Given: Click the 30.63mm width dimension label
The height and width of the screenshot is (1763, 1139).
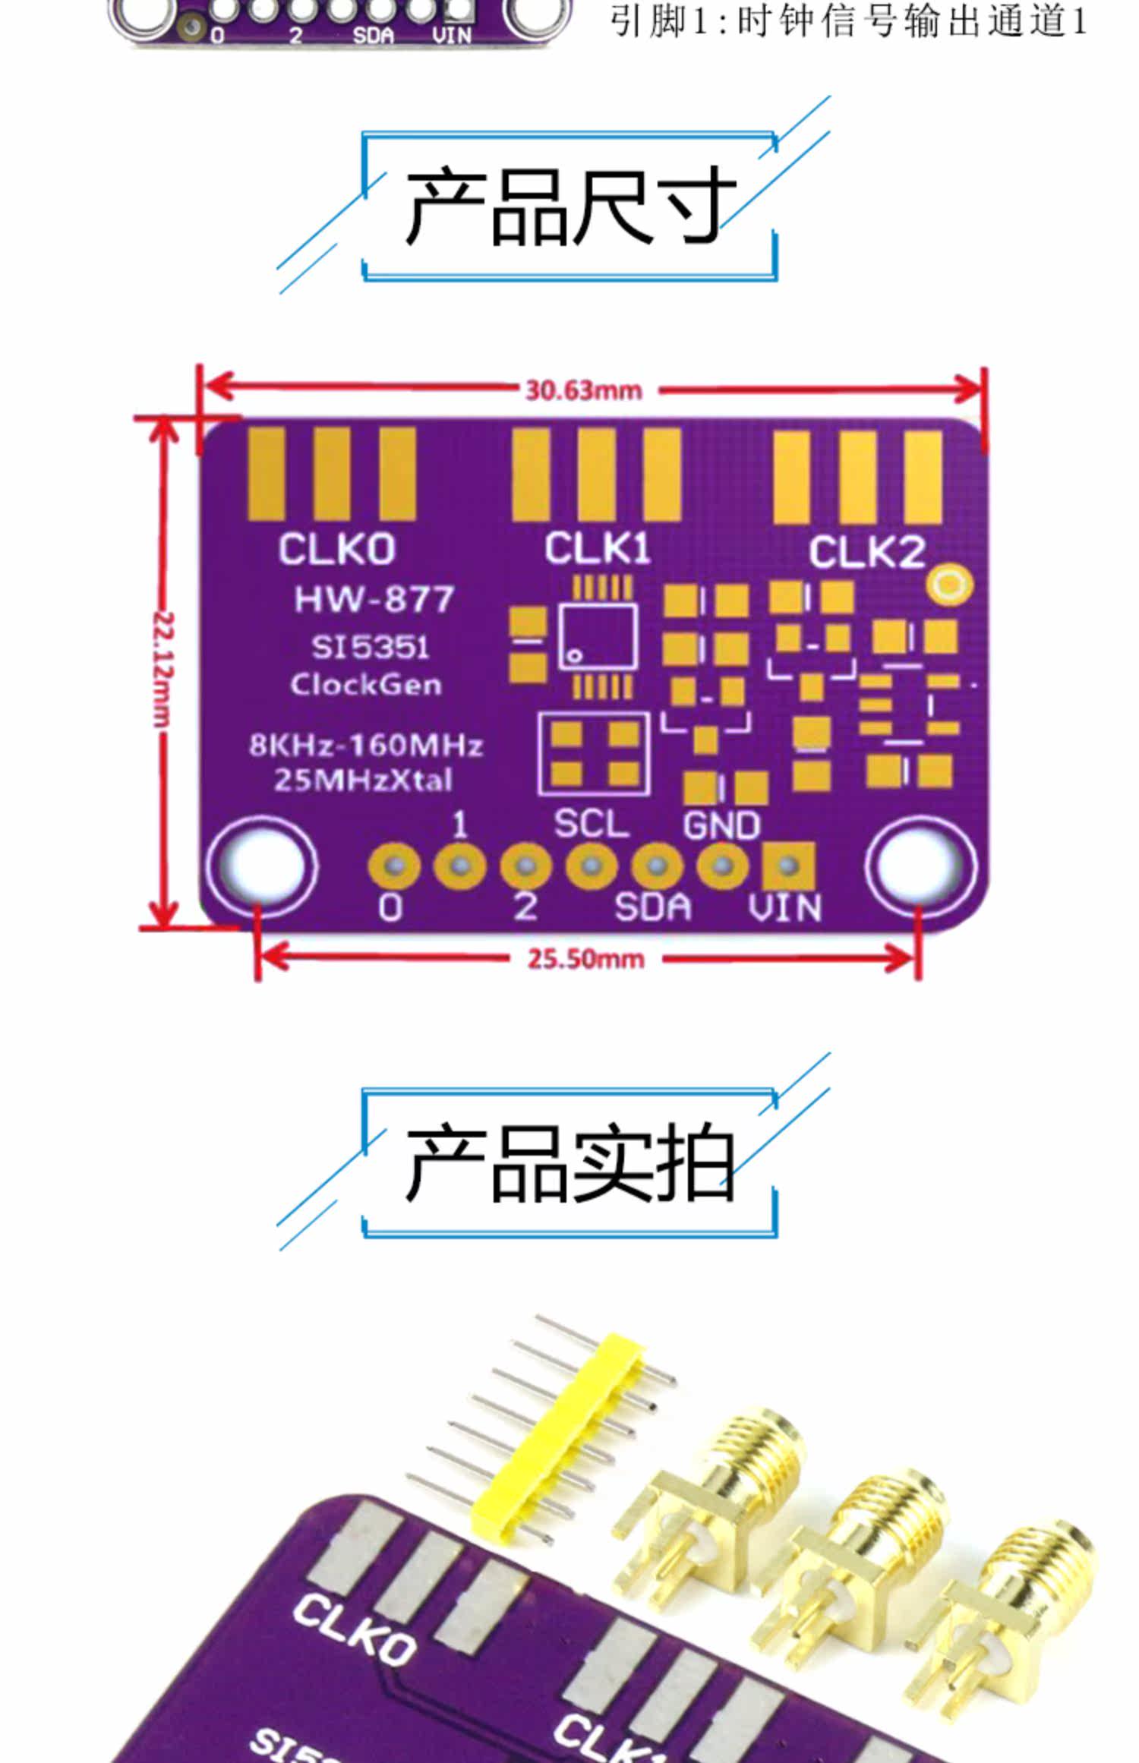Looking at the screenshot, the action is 584,390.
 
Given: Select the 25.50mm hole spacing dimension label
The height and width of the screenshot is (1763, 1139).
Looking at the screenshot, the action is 585,959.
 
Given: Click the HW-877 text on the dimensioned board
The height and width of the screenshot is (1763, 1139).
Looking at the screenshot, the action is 374,600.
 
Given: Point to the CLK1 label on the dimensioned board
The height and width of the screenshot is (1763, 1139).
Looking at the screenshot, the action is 598,548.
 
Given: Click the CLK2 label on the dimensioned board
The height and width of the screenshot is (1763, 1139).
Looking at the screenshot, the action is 866,552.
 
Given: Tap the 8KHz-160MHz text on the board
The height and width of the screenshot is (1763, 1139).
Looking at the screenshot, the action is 366,746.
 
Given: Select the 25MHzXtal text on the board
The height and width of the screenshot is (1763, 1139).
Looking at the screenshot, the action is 363,780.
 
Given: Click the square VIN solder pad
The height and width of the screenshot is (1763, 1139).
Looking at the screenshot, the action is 789,866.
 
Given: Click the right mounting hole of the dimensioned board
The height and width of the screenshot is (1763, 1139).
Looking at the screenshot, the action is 920,866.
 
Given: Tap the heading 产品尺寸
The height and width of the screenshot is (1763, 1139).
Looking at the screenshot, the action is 569,207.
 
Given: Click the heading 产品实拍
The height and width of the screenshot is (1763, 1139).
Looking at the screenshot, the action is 569,1163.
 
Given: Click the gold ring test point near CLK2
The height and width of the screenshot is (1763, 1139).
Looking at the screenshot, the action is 950,585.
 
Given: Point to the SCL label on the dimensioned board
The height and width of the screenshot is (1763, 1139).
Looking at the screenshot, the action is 591,824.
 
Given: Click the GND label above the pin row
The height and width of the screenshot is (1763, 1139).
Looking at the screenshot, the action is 721,825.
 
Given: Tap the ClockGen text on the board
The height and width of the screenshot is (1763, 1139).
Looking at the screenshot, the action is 366,685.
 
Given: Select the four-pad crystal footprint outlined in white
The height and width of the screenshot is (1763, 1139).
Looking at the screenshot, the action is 594,754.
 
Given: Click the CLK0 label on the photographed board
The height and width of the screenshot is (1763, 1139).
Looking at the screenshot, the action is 354,1631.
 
